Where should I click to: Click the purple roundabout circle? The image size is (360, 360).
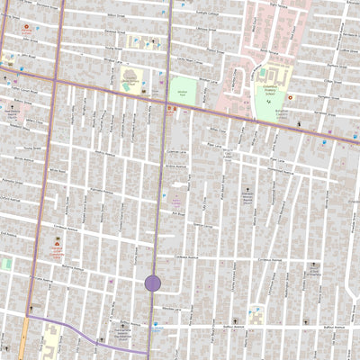153,283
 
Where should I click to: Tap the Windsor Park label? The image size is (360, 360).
182,91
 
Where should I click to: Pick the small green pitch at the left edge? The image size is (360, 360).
5,265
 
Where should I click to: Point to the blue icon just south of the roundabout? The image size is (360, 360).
154,304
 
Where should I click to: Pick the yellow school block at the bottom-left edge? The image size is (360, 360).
49,342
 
